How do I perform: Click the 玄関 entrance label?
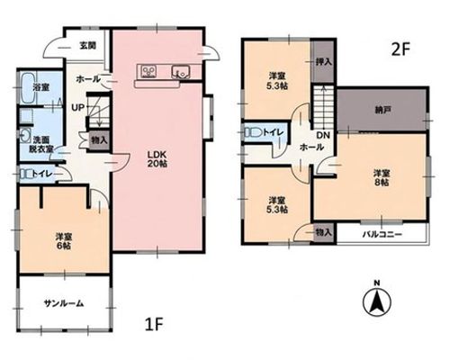[x=87, y=46]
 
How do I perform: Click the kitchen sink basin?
[x=181, y=72]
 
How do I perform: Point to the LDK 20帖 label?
[x=157, y=159]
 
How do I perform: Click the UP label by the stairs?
[x=78, y=107]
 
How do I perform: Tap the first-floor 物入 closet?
[x=99, y=140]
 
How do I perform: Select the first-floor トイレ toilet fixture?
[x=26, y=174]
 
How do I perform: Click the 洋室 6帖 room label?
[x=63, y=241]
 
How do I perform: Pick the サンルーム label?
[x=64, y=303]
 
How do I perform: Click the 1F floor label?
[x=154, y=324]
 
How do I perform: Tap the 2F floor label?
[x=400, y=50]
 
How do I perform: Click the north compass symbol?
[x=377, y=300]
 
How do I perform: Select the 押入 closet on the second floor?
[x=323, y=61]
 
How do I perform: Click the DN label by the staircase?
[x=323, y=135]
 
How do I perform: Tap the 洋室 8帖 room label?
[x=382, y=177]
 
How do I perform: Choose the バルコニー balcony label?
[x=382, y=234]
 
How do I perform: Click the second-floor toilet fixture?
[x=253, y=132]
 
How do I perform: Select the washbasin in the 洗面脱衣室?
[x=25, y=136]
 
